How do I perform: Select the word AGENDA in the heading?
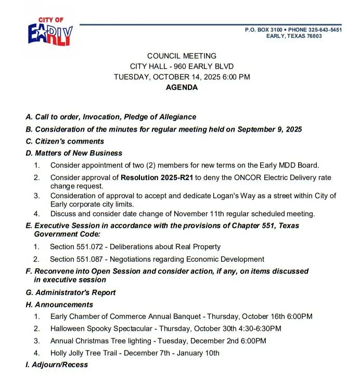182,87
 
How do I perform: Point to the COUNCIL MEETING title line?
182,56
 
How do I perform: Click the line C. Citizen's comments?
65,141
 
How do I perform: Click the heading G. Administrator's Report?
71,292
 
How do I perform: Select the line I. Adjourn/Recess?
57,365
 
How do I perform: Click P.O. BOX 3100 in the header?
263,30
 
